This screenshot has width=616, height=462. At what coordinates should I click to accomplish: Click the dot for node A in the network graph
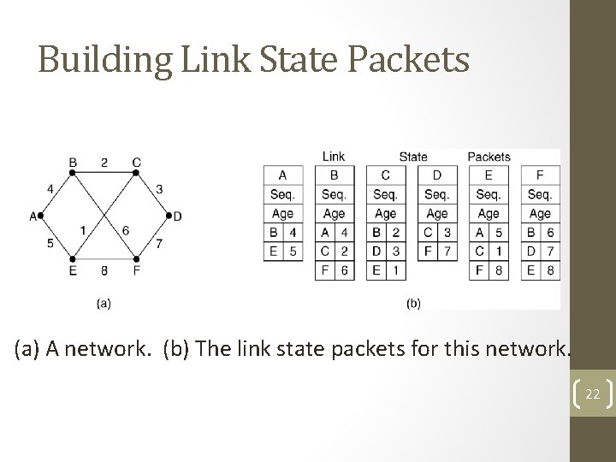pos(41,216)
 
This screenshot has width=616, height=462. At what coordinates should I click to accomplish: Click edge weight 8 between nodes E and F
pos(104,270)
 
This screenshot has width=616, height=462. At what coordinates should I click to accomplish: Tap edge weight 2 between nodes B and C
pos(104,162)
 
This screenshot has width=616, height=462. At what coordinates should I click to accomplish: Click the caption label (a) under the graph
pos(104,302)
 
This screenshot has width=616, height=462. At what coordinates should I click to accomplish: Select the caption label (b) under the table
pos(412,302)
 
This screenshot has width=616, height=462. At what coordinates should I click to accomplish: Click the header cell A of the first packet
pos(282,175)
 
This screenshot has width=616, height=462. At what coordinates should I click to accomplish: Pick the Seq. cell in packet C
pos(385,194)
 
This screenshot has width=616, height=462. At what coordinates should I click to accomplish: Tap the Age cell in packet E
pos(489,213)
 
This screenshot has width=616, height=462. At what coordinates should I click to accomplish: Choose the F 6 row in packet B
pos(334,270)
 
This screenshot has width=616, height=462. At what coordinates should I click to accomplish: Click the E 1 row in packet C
pos(385,270)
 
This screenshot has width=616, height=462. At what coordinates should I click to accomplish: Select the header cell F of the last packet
pos(540,175)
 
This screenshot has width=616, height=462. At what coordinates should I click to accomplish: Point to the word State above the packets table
pos(413,157)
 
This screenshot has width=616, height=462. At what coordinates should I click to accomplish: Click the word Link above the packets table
pos(334,157)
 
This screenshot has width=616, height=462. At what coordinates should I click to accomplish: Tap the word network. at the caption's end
pos(534,349)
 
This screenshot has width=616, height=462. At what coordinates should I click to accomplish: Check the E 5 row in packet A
pos(282,251)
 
